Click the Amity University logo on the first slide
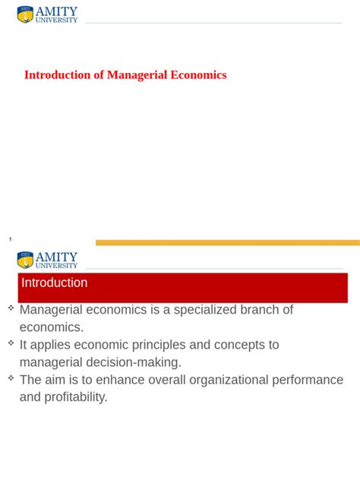point(47,14)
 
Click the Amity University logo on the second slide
point(47,261)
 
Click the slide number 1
point(11,240)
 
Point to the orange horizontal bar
point(228,243)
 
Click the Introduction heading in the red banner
point(54,283)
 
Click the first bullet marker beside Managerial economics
point(11,308)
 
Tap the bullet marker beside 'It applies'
point(11,343)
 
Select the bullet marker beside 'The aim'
point(11,377)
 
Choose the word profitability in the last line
point(76,397)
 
